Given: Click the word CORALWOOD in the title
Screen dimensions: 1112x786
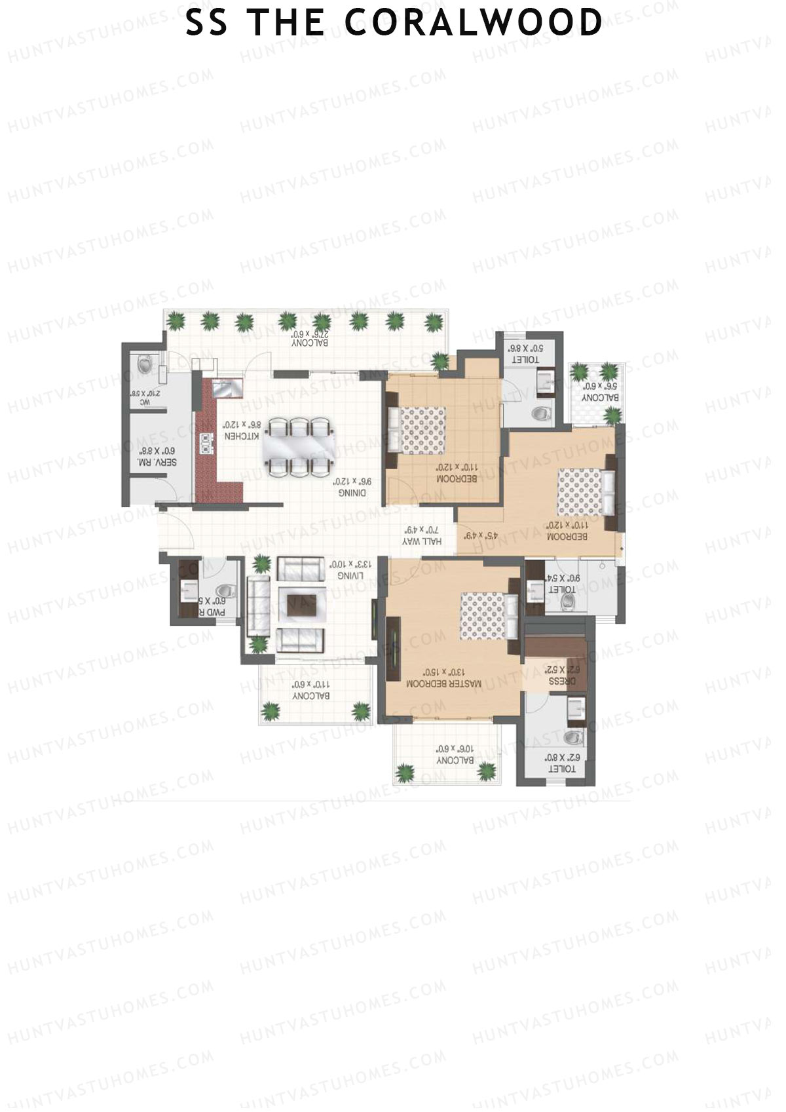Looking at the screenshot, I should click(x=473, y=23).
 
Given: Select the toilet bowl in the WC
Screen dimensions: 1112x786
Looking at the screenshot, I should click(x=145, y=362).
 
